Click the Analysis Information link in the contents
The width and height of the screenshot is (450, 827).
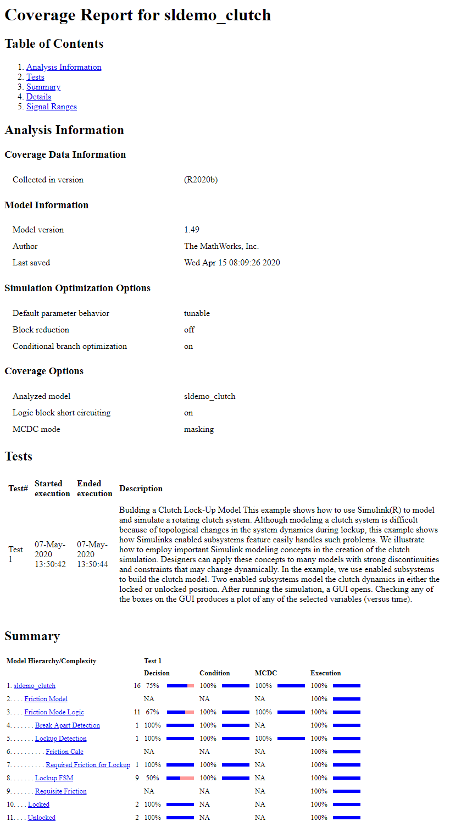point(64,67)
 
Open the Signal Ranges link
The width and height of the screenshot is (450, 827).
point(52,107)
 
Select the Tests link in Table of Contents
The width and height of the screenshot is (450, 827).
point(35,77)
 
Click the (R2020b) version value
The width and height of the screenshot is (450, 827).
point(201,180)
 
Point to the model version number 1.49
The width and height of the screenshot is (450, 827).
point(192,230)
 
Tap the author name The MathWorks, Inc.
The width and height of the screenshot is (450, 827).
point(221,246)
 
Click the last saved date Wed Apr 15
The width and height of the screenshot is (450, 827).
point(232,263)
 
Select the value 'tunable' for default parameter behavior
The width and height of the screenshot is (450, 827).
point(197,313)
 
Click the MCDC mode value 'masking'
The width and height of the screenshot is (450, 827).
point(198,429)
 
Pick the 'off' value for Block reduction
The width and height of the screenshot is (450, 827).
point(189,330)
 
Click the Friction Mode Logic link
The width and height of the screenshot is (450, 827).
point(54,712)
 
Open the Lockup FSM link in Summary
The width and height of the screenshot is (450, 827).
point(54,778)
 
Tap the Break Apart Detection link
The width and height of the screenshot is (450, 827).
point(68,725)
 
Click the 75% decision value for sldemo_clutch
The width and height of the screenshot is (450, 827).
point(152,686)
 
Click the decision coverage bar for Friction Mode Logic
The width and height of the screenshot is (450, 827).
point(180,712)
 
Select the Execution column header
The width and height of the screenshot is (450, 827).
point(325,673)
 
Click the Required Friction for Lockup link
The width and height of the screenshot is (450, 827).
point(88,765)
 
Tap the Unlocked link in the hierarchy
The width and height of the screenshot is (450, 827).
point(41,818)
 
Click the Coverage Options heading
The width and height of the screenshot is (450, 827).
point(44,371)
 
